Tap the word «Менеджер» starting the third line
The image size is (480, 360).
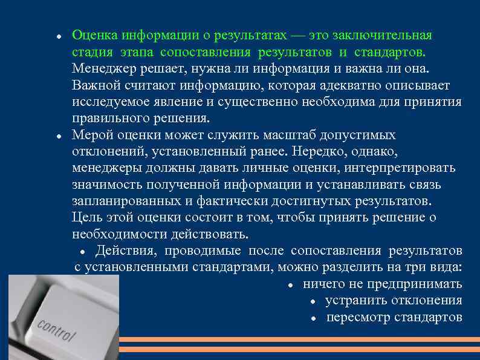(x=100, y=68)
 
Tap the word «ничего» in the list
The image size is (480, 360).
(x=325, y=284)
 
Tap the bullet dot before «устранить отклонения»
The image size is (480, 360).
(x=313, y=301)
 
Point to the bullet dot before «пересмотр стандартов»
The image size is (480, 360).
(x=313, y=318)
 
